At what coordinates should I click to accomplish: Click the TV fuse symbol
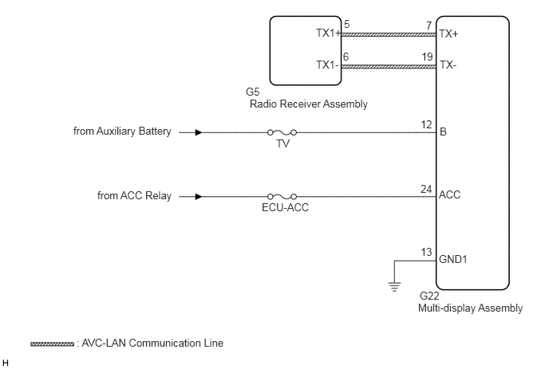(282, 132)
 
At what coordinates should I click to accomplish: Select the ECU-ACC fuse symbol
(282, 197)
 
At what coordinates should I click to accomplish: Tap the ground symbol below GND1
(394, 287)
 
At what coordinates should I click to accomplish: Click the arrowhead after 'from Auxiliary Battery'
(199, 132)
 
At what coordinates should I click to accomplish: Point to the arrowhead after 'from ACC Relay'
(199, 197)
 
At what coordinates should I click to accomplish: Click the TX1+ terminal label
(329, 33)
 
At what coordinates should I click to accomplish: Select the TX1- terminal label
(327, 65)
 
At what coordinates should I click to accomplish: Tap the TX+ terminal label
(448, 34)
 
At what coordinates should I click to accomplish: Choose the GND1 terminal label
(453, 259)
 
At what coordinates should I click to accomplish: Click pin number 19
(427, 57)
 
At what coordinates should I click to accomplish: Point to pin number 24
(426, 189)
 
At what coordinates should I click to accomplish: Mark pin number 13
(426, 252)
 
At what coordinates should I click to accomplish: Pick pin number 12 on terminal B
(426, 124)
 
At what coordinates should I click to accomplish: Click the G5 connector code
(253, 92)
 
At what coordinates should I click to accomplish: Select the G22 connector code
(429, 296)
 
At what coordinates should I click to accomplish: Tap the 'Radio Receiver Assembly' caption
(309, 104)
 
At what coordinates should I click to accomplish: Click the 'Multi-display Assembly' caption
(470, 308)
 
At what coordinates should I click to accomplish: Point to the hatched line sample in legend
(52, 344)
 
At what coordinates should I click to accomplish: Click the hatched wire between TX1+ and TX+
(389, 34)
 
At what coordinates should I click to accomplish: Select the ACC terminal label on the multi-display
(449, 194)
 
